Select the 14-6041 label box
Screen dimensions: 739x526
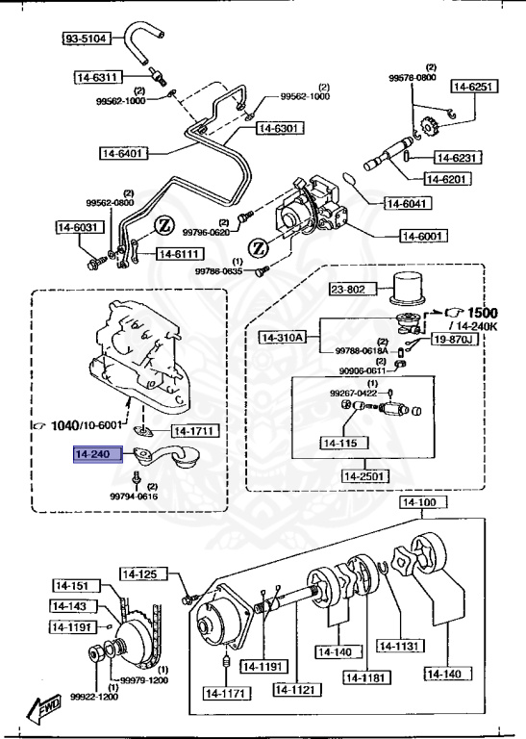pyautogui.click(x=410, y=203)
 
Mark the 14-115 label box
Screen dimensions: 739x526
pyautogui.click(x=343, y=443)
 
